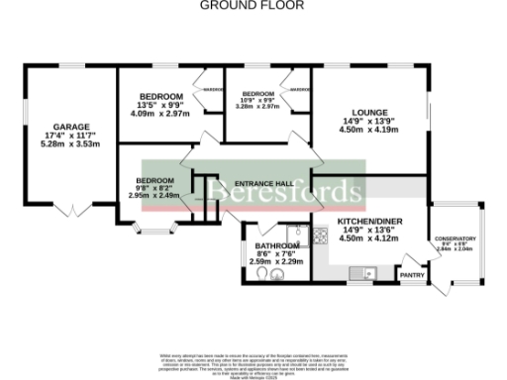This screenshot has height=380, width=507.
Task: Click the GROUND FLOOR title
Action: point(253,5)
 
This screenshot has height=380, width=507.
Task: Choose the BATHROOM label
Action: point(276,245)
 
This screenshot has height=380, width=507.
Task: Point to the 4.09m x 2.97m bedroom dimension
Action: point(159,113)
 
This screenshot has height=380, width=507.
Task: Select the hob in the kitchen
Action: point(322,236)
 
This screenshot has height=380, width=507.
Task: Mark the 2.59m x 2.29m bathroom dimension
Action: point(276,262)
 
